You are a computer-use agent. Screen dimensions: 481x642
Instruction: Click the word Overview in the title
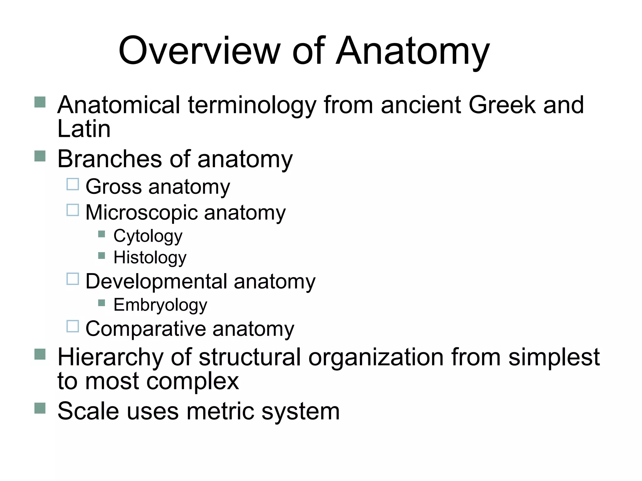point(199,51)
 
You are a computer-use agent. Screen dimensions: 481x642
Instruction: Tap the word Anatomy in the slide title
point(413,51)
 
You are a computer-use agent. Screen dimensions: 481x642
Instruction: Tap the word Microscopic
point(141,213)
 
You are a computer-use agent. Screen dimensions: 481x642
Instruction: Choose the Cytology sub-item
point(148,236)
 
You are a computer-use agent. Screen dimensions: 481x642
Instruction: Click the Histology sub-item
point(150,258)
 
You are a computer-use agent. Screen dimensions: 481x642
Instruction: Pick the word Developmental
point(156,282)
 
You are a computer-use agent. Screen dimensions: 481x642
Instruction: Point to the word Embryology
point(160,305)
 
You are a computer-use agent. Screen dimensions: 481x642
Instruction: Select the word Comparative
point(145,329)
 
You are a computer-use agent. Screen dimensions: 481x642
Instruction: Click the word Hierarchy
point(110,358)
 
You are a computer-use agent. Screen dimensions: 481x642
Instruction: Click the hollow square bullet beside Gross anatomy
point(73,184)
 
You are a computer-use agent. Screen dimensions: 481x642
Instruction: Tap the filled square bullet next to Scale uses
point(40,408)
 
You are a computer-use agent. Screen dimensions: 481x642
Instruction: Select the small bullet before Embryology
point(101,303)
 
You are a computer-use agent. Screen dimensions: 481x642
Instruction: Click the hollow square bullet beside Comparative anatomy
point(73,326)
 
